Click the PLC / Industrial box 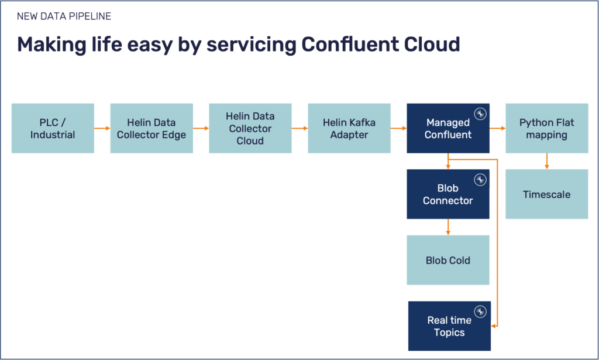[x=53, y=128]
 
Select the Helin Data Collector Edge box [x=152, y=128]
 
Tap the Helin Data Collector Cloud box [x=250, y=128]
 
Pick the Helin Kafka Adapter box [x=349, y=128]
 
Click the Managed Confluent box [x=448, y=128]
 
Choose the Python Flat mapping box [x=547, y=128]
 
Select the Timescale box [x=547, y=194]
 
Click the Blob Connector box [x=448, y=194]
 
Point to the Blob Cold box [x=448, y=260]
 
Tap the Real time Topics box [x=449, y=326]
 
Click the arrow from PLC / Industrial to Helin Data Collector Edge [x=102, y=128]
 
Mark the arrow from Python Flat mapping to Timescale [x=547, y=161]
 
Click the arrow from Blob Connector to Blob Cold [x=448, y=227]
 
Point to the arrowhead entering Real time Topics [x=494, y=326]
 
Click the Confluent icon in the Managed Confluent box [x=481, y=113]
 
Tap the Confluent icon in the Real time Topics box [x=481, y=311]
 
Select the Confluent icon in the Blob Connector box [x=481, y=179]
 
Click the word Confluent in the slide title [x=350, y=44]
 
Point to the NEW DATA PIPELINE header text [x=64, y=16]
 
